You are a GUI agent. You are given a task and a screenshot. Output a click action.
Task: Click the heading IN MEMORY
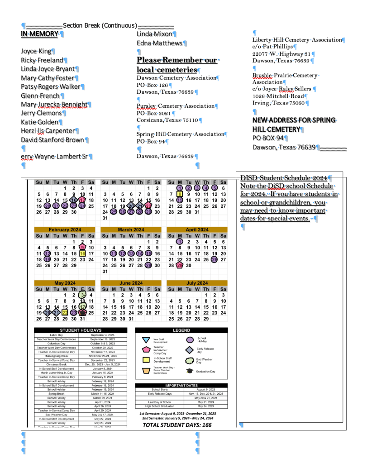point(39,34)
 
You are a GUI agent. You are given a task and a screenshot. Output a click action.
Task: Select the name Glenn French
point(40,96)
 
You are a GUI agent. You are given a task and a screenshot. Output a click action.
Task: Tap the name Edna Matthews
point(159,43)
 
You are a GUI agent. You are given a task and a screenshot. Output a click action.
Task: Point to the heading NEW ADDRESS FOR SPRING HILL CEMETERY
point(294,125)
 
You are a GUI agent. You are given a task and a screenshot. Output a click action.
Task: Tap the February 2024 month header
point(65,229)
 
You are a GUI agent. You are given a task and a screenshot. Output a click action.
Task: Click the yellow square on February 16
point(82,254)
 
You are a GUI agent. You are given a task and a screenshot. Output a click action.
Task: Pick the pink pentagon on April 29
point(180,266)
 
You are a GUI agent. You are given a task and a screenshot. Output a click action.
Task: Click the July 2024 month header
point(197,283)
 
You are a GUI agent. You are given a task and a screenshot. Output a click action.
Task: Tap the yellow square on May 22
point(65,313)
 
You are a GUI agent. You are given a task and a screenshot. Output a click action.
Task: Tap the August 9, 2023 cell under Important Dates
point(206,389)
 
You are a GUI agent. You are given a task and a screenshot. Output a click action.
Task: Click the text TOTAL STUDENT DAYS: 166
point(177,425)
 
